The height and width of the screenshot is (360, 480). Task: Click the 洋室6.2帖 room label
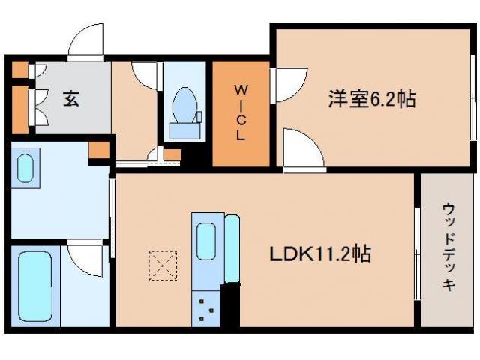372,98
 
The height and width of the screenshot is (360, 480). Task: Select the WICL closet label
240,115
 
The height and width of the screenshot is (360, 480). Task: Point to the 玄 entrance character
70,98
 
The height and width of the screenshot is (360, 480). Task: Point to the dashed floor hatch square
162,263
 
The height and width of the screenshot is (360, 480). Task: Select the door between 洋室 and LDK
302,148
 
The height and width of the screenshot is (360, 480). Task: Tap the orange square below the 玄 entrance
98,148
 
